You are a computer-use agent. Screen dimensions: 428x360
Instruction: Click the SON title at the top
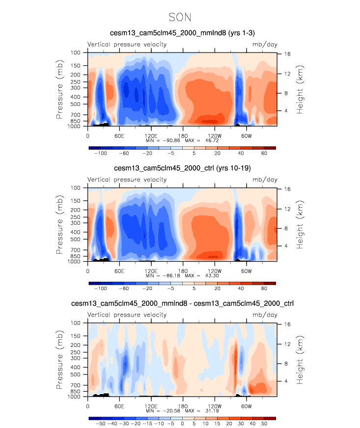coord(180,17)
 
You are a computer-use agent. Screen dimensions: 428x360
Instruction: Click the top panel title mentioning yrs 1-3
coord(182,33)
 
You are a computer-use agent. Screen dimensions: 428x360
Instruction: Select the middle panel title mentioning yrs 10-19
coord(182,168)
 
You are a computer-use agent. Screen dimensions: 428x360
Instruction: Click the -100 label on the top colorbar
coord(101,154)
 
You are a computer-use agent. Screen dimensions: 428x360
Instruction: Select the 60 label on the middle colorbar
coord(264,289)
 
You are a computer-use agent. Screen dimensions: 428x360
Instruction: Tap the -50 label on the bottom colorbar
coord(100,424)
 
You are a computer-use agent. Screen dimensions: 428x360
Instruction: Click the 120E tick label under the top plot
coord(151,135)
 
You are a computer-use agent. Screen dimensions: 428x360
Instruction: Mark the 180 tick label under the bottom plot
coord(183,405)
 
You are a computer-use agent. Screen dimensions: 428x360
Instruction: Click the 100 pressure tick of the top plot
coord(76,53)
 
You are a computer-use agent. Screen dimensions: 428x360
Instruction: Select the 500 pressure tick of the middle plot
coord(76,240)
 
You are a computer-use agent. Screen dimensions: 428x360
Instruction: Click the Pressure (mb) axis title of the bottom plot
coord(60,360)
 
